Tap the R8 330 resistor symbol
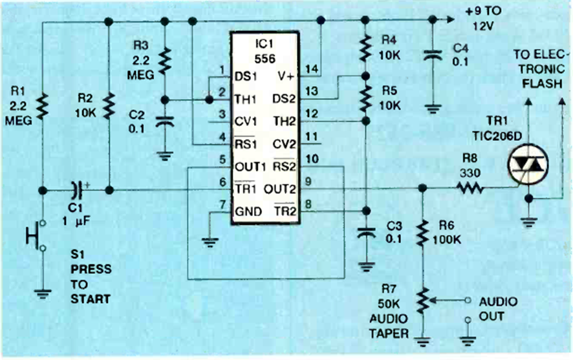(x=470, y=188)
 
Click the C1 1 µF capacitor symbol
(x=78, y=190)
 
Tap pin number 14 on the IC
(x=312, y=69)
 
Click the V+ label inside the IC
(x=285, y=76)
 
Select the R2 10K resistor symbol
(x=109, y=105)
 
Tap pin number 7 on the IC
(x=222, y=205)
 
